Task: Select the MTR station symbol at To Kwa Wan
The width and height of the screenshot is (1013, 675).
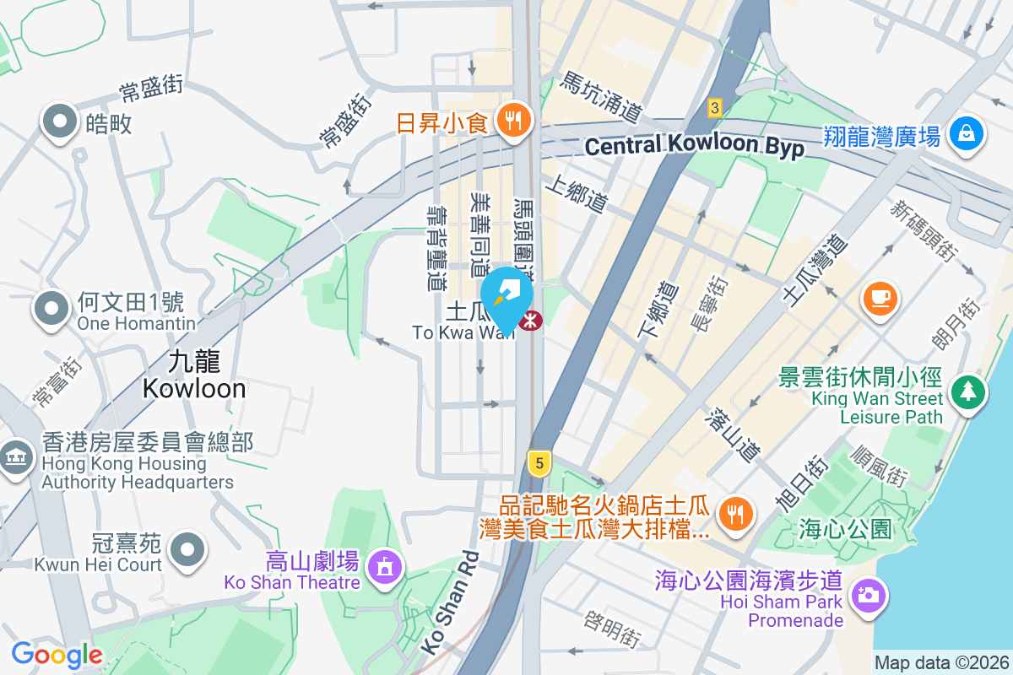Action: pos(532,321)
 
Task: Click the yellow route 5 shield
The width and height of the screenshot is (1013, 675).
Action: pos(539,462)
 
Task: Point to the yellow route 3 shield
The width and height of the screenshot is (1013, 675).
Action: pos(715,107)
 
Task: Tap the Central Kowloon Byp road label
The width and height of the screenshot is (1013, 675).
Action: pos(695,145)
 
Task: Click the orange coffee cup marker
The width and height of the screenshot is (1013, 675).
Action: pos(880,298)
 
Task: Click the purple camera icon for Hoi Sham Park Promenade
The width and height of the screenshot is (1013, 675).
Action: pos(868,596)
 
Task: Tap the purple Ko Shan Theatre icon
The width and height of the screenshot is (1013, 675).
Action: pos(385,565)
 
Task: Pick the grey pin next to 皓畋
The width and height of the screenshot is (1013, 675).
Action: pos(61,123)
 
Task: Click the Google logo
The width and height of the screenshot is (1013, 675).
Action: pos(57,655)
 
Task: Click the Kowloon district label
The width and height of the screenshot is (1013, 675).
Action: pos(194,375)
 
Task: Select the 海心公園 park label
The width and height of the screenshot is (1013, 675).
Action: pos(845,530)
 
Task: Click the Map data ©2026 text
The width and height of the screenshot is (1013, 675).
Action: pos(942,663)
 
